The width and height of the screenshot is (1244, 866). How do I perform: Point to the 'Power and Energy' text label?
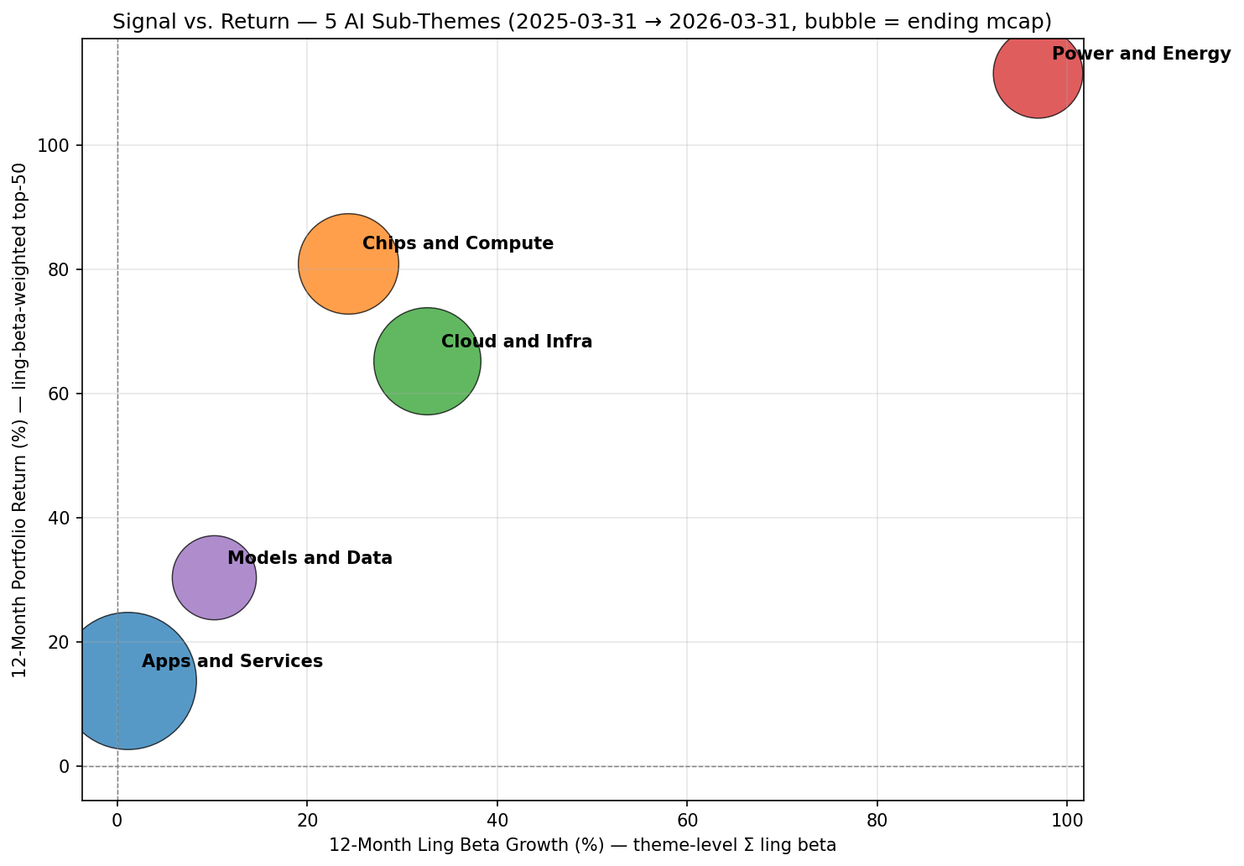point(1141,55)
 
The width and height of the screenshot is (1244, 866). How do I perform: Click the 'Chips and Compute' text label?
point(458,244)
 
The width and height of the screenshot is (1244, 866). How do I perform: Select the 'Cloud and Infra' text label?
point(517,342)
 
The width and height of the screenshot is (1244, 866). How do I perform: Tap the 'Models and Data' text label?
point(310,559)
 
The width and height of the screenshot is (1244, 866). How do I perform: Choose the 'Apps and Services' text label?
point(232,662)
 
